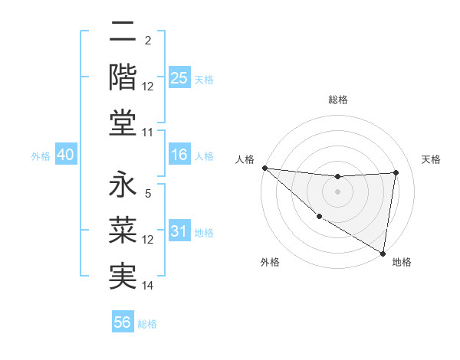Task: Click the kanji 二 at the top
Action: [123, 34]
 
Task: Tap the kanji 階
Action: [123, 77]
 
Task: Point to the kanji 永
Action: [123, 187]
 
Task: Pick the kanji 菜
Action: [123, 231]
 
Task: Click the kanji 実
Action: [123, 275]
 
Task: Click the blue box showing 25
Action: [179, 77]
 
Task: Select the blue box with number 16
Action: [179, 155]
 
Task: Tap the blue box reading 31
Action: [179, 231]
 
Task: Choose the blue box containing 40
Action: [65, 155]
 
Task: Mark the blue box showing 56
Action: [123, 322]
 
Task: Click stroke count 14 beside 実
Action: [148, 286]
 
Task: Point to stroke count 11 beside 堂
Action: [148, 133]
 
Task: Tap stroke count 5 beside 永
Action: [148, 194]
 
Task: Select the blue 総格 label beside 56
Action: [147, 324]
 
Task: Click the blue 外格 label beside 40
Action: [40, 156]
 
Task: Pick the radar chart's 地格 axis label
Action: [402, 262]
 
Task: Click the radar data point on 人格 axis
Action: [264, 168]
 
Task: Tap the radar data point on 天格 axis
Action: [396, 172]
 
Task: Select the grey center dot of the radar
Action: [337, 191]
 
